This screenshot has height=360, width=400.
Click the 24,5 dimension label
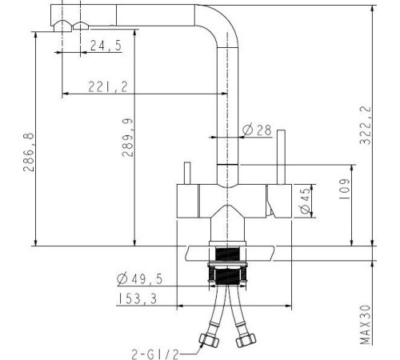tap(106, 46)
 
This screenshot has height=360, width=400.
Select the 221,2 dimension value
tap(108, 86)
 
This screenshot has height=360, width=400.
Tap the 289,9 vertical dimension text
tap(127, 138)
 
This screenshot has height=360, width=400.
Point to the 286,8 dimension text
tap(29, 152)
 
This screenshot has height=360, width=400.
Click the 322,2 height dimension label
tap(366, 125)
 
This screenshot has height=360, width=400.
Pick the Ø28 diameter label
tap(257, 130)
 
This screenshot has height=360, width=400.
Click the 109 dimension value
tap(344, 189)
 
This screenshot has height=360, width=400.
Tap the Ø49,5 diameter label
tap(139, 279)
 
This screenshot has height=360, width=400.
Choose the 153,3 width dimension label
tap(138, 298)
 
